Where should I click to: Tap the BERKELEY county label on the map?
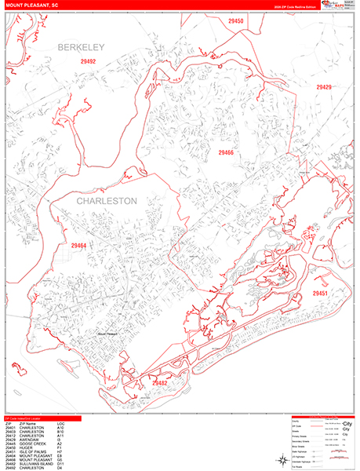80,48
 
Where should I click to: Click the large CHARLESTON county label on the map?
107,201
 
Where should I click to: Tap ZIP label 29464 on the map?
78,246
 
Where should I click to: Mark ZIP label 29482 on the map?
160,383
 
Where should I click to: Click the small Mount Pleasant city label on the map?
106,333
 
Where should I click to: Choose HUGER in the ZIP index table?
24,448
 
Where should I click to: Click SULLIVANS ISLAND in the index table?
34,464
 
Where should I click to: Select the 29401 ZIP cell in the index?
9,428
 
